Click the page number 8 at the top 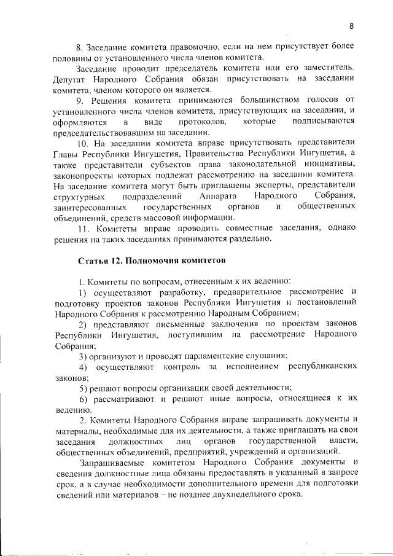[x=352, y=26]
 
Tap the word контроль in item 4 [x=184, y=367]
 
